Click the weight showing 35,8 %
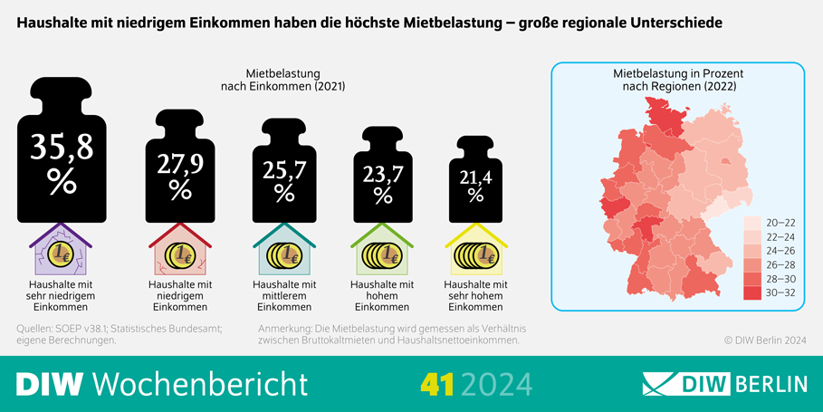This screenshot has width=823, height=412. tap(62, 158)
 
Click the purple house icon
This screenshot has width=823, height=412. tap(61, 254)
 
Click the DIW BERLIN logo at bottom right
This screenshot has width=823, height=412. tap(724, 383)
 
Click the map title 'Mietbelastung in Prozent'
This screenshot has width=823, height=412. tap(677, 73)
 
